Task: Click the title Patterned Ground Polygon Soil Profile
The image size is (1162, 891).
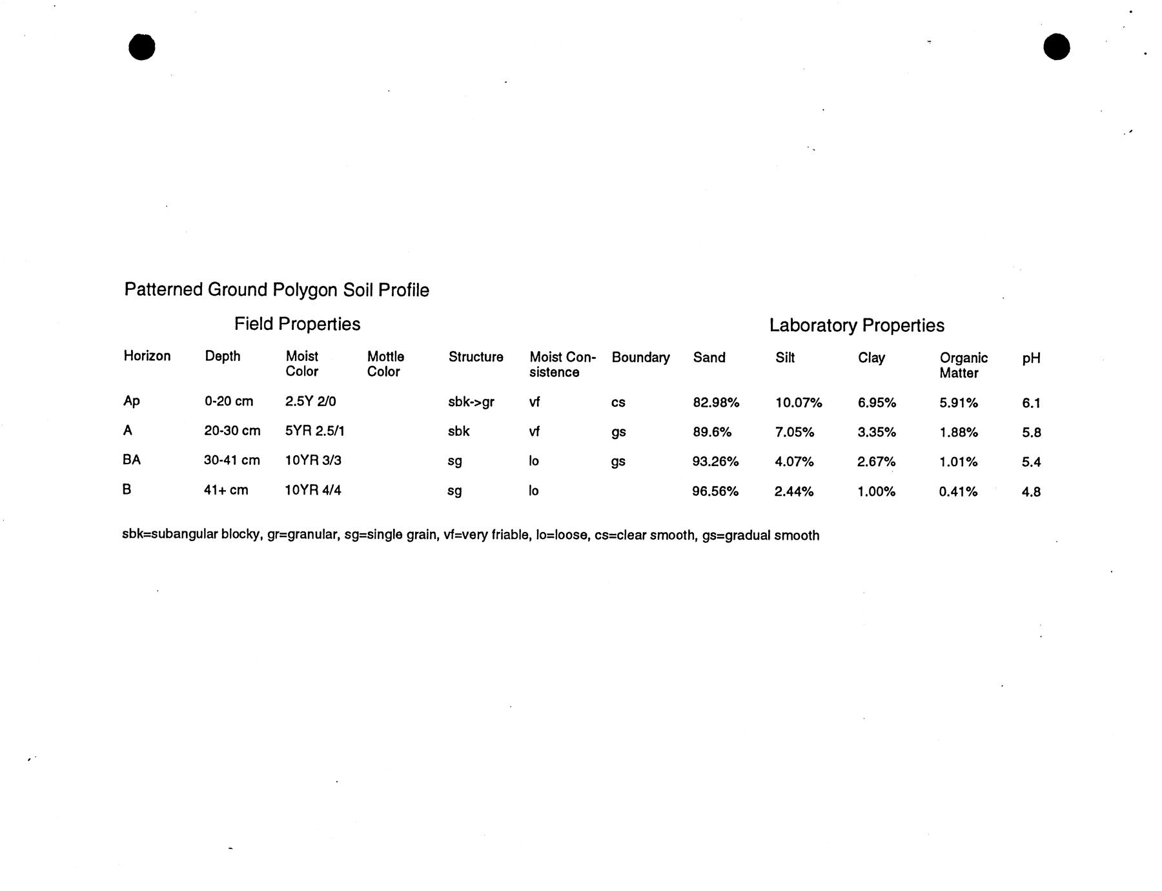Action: coord(276,290)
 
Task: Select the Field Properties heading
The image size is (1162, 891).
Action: coord(297,324)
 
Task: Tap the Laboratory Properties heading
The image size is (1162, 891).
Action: coord(857,325)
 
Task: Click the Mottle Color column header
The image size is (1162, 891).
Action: coord(385,364)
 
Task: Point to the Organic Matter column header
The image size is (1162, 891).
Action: coord(963,365)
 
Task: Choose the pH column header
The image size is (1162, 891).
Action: coord(1031,358)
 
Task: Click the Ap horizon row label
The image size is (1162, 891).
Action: coord(132,401)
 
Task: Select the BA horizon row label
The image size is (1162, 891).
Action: coord(132,460)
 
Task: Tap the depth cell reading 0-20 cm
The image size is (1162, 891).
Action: coord(229,402)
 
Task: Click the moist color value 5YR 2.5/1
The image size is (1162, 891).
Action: coord(314,431)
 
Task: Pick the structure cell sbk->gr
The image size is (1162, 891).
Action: coord(471,402)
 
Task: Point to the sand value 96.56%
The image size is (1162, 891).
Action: coord(715,491)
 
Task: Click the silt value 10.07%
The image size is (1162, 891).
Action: coord(799,403)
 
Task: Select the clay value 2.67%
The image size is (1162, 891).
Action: coord(876,462)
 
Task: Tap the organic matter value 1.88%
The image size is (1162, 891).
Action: coord(959,433)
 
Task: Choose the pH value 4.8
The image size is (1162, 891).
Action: coord(1031,492)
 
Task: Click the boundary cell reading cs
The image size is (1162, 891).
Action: coord(618,403)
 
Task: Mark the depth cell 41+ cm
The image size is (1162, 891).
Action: coord(226,490)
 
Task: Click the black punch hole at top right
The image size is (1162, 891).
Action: coord(1056,47)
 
